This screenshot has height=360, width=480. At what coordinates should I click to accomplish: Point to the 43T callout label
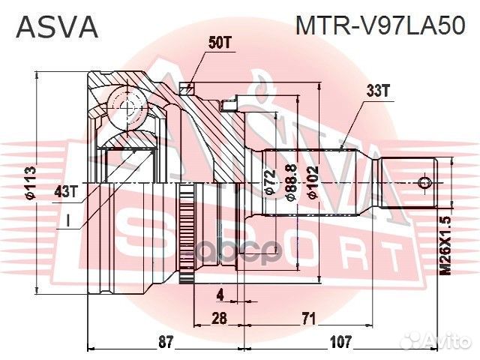(66, 191)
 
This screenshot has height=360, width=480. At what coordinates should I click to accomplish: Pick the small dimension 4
(220, 293)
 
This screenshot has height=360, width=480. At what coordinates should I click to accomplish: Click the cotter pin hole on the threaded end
(425, 181)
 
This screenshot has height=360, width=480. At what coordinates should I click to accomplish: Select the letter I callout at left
(68, 221)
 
